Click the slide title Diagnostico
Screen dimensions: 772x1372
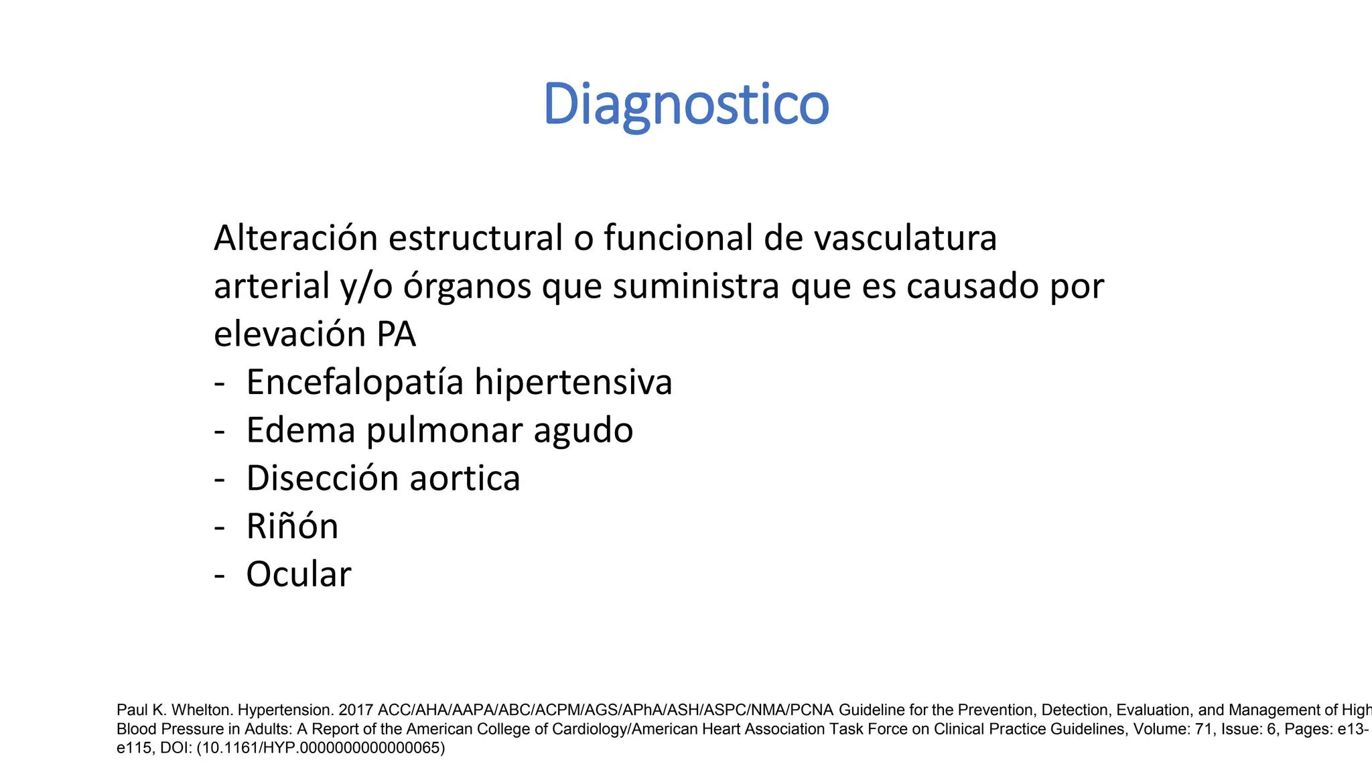(685, 105)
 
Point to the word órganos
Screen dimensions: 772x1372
(466, 287)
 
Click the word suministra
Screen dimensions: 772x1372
(696, 286)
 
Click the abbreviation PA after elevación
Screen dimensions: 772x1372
(396, 334)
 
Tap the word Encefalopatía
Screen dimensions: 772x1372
(355, 383)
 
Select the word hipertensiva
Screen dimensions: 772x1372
(573, 382)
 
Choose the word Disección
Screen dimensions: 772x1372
(322, 478)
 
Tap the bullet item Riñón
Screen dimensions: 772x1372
(292, 526)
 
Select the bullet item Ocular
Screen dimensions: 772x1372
(298, 574)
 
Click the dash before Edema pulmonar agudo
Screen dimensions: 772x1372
(219, 431)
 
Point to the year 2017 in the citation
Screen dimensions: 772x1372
(356, 710)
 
